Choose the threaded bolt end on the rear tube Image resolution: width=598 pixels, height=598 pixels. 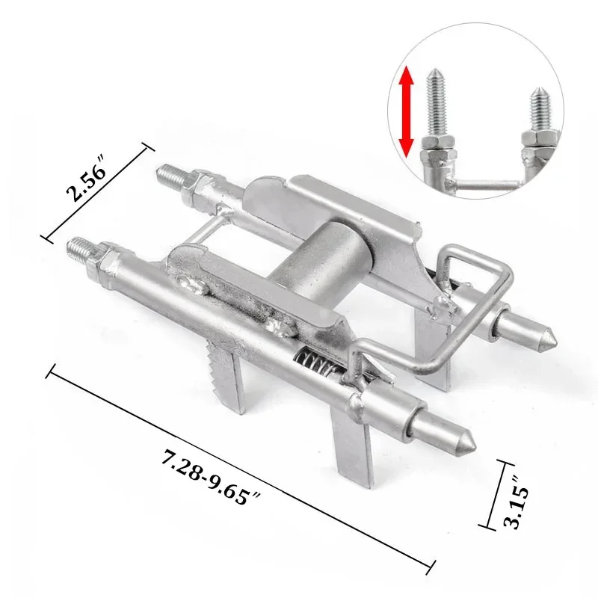point(169,175)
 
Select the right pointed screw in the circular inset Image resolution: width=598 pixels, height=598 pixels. point(537,109)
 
